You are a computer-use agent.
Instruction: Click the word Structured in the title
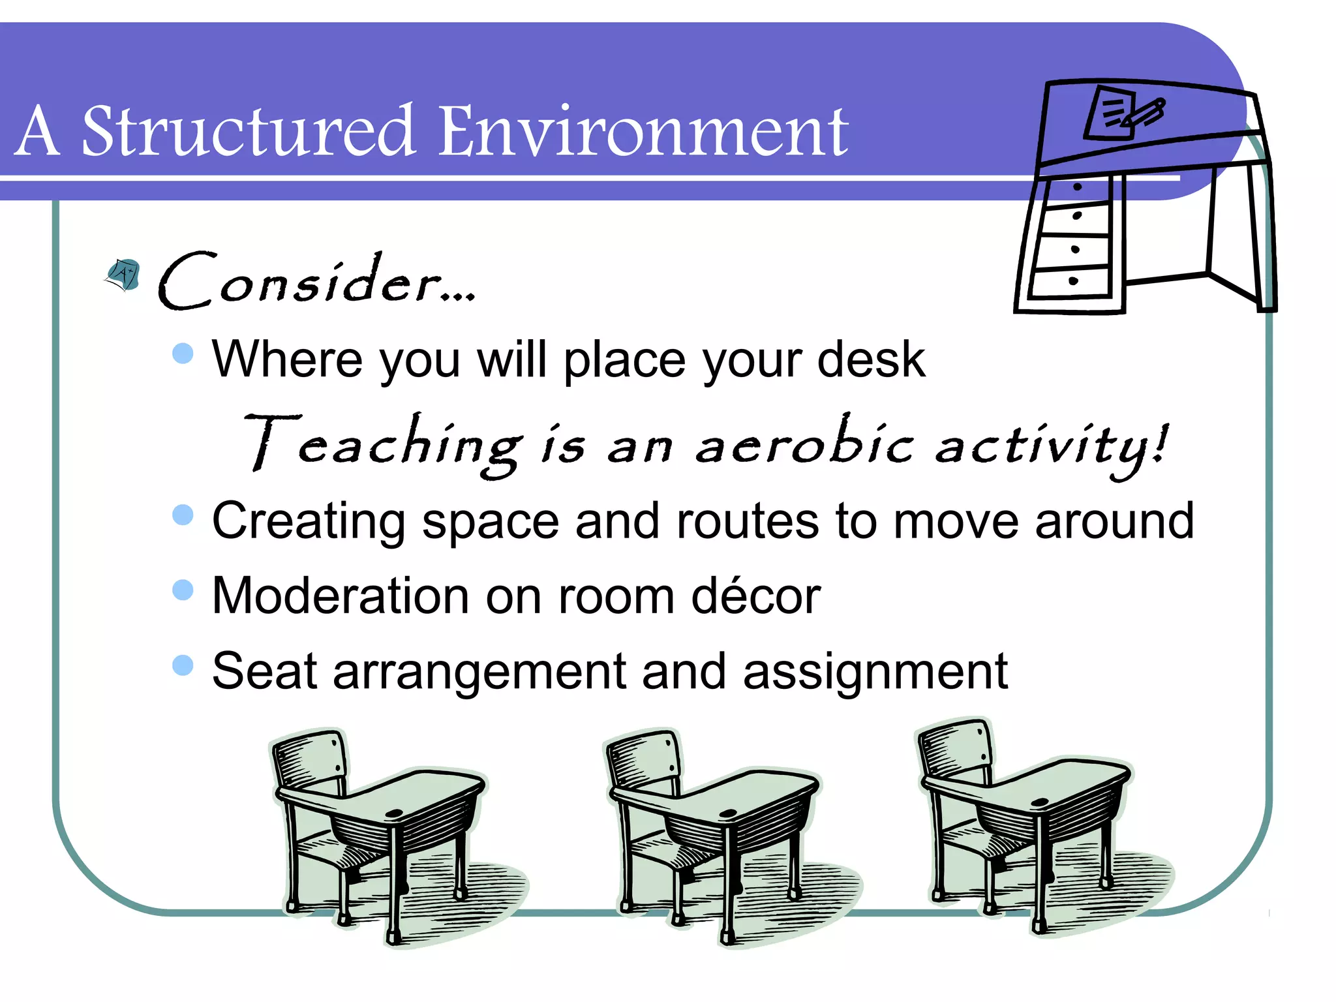[x=248, y=132]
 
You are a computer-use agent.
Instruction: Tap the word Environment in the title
[x=643, y=132]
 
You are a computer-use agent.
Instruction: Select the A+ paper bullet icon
[x=123, y=274]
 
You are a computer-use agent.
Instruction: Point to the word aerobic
[x=804, y=444]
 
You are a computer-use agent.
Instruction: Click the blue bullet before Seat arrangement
[x=183, y=665]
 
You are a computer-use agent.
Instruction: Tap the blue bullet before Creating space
[x=183, y=514]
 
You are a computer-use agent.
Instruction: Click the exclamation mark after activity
[x=1159, y=443]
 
